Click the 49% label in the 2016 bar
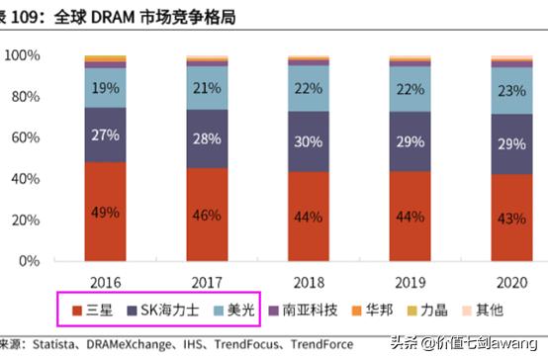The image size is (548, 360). coord(104,213)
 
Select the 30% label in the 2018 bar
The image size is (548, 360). coord(307,141)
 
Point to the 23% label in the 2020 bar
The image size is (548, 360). coord(510,90)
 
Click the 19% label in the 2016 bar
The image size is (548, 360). coord(104,88)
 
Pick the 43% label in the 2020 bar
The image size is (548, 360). coord(510,217)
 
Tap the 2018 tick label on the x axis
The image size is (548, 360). coord(308,279)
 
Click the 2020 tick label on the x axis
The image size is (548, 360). coord(510,279)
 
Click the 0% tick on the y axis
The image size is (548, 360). coord(27,261)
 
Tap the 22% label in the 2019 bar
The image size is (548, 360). coord(409,90)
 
